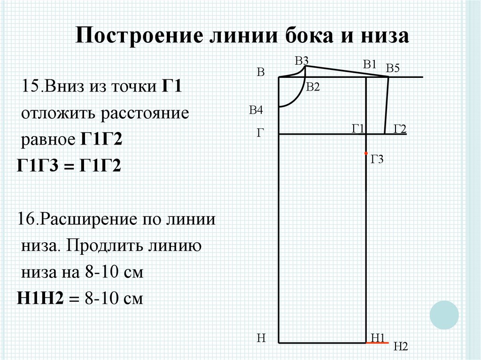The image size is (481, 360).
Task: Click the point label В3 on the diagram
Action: [302, 61]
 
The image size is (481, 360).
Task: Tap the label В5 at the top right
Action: [393, 69]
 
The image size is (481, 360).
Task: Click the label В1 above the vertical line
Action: [370, 65]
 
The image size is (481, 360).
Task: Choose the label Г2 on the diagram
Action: [400, 129]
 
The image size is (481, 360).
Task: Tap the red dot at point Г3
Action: [366, 153]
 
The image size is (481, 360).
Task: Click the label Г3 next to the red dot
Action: [377, 160]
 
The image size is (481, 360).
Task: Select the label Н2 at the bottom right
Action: [400, 347]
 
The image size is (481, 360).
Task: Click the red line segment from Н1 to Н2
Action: [377, 343]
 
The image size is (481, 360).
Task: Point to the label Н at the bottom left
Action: [262, 337]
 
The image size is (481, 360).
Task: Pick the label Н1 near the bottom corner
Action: [378, 337]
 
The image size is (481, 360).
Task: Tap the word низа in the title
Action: [384, 36]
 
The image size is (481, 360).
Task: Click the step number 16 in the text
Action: [26, 219]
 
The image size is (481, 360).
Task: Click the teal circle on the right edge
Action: [444, 314]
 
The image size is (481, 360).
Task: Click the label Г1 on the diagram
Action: [358, 129]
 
